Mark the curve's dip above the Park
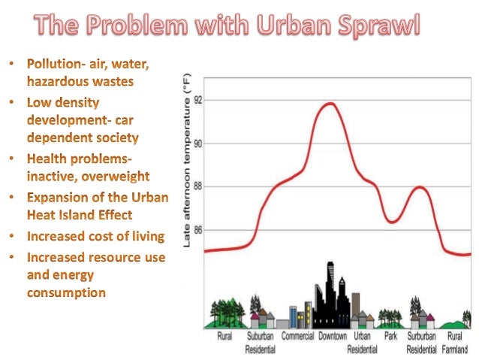[x=393, y=222]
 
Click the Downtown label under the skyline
[x=333, y=337]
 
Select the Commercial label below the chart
[x=297, y=337]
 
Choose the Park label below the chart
[x=390, y=337]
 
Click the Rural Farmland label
[x=455, y=343]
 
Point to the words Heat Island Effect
[x=80, y=215]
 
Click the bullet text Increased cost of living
[x=95, y=236]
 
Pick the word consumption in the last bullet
[x=66, y=293]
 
